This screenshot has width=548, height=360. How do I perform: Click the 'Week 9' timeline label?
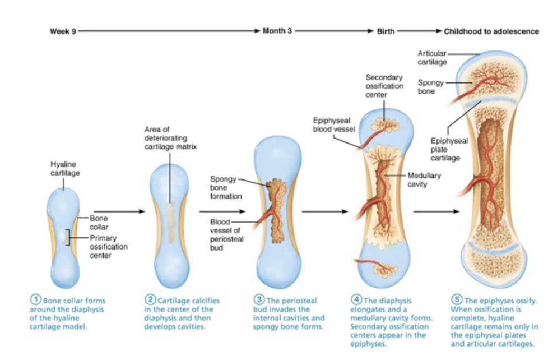click(63, 31)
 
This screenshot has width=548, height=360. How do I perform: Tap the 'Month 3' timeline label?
click(277, 31)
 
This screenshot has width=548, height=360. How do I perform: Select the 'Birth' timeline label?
click(386, 31)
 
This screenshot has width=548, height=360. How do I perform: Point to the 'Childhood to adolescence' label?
click(491, 31)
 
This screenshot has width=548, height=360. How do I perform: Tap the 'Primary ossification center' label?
click(109, 247)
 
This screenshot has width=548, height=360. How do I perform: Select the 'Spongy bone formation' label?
click(226, 188)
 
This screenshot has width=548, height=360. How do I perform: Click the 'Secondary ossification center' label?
click(384, 86)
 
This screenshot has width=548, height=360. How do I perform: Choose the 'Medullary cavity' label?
click(424, 179)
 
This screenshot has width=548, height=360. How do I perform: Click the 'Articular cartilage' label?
click(432, 58)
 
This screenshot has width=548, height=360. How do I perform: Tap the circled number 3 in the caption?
click(259, 301)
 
